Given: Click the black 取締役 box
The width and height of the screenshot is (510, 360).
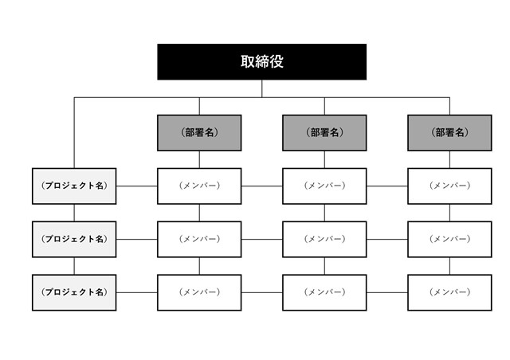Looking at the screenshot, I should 261,62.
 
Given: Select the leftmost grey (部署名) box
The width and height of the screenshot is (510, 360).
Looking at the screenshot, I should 199,132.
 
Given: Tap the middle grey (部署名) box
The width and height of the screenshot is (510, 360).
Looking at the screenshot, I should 324,132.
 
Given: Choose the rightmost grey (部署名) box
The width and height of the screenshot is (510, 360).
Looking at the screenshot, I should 449,132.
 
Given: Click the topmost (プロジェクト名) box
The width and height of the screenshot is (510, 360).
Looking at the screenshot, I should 74,186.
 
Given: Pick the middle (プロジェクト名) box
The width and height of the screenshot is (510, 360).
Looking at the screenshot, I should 74,239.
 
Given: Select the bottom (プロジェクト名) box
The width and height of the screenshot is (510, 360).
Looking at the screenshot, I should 74,292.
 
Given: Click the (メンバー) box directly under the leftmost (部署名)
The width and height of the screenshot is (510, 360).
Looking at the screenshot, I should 199,186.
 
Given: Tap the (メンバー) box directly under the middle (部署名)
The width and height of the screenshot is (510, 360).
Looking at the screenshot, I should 324,186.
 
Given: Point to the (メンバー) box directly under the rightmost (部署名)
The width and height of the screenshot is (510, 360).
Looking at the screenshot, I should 449,186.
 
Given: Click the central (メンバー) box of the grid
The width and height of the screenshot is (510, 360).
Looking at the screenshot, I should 324,239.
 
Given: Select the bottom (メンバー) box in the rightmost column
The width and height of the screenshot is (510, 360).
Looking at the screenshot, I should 449,292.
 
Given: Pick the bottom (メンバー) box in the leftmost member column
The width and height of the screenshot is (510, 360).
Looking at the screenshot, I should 199,292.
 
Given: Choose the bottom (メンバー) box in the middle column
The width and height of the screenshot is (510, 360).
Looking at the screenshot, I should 324,292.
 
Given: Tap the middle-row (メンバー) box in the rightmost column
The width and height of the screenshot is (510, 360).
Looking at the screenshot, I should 449,239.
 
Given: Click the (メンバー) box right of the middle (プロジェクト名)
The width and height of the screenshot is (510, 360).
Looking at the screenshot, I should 199,239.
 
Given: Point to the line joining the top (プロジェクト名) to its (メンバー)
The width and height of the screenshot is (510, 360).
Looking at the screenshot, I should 136,186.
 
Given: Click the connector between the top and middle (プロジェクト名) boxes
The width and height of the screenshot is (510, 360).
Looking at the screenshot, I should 74,213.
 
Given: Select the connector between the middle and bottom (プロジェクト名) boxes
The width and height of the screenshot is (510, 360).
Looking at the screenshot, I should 74,266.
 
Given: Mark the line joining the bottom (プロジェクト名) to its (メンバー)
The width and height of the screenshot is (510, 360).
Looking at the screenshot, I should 136,292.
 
